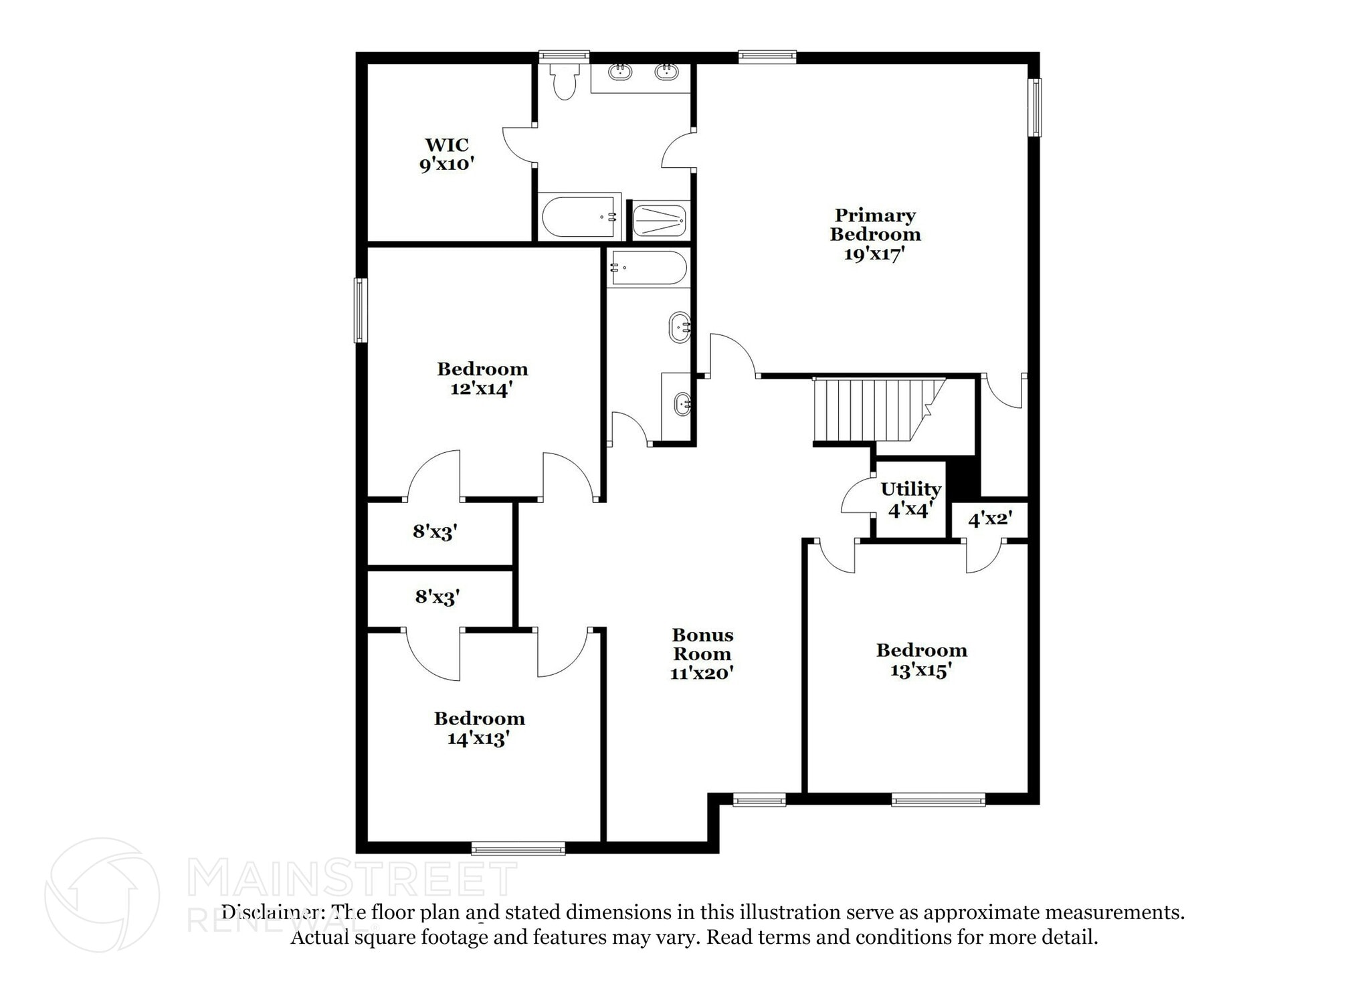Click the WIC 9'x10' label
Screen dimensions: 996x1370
pyautogui.click(x=447, y=155)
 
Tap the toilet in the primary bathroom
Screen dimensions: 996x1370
pyautogui.click(x=565, y=82)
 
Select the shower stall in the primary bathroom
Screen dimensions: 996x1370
pyautogui.click(x=660, y=220)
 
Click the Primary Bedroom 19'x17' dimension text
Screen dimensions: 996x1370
pyautogui.click(x=874, y=254)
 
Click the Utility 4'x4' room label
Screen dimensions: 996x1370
pyautogui.click(x=910, y=499)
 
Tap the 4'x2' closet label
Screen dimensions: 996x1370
pyautogui.click(x=989, y=518)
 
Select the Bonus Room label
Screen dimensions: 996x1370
pyautogui.click(x=702, y=654)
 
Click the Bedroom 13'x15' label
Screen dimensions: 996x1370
pyautogui.click(x=921, y=660)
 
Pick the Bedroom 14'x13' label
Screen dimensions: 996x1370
pyautogui.click(x=479, y=728)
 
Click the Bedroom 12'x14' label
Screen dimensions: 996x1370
pyautogui.click(x=482, y=379)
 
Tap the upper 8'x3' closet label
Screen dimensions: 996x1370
pyautogui.click(x=435, y=532)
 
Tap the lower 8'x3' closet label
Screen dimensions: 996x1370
pyautogui.click(x=437, y=597)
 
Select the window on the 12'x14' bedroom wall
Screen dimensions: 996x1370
pyautogui.click(x=361, y=310)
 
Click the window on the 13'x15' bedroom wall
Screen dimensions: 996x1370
pyautogui.click(x=938, y=799)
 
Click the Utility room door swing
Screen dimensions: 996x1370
pyautogui.click(x=858, y=496)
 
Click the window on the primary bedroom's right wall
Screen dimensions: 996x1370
pyautogui.click(x=1034, y=107)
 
